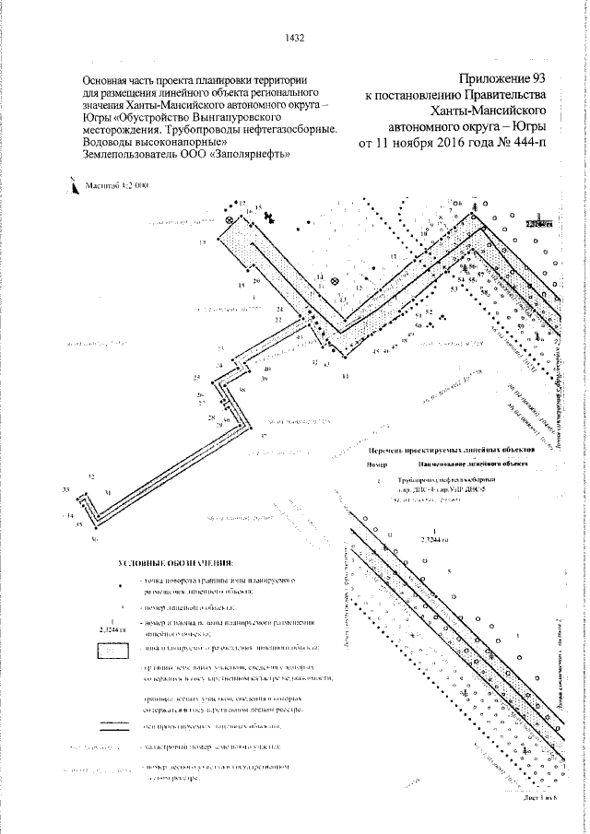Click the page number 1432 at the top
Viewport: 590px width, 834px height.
coord(296,38)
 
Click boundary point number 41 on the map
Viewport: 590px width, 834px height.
coord(345,376)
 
